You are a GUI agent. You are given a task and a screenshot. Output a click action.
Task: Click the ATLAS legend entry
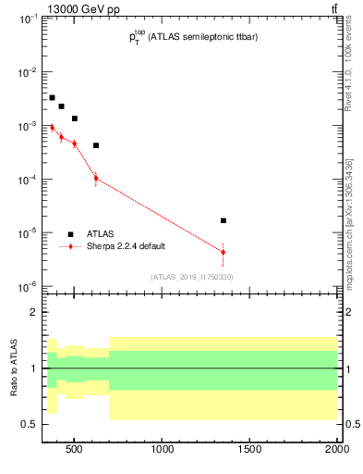point(100,234)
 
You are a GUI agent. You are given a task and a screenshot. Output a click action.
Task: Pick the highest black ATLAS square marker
point(52,97)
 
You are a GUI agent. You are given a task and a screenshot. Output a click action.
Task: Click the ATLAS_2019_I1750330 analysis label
point(192,277)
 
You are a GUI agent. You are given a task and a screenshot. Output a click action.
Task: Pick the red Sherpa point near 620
point(95,178)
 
